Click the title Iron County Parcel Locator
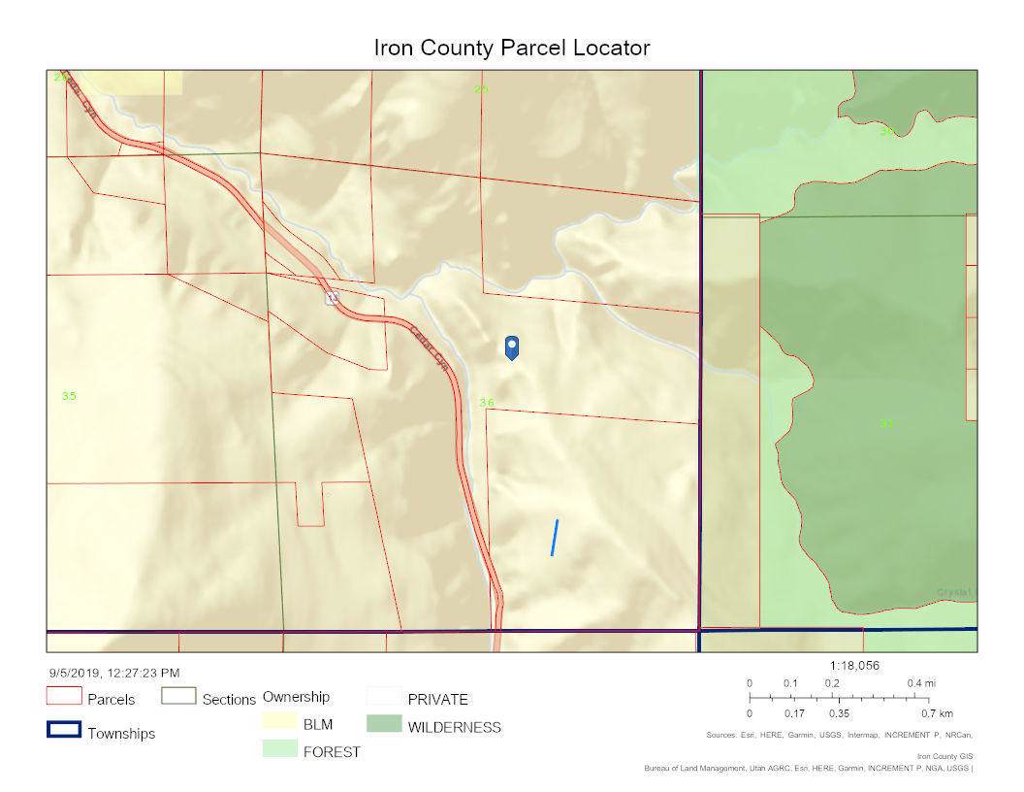click(x=511, y=48)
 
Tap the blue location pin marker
click(x=512, y=347)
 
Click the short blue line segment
click(x=555, y=538)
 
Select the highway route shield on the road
click(x=332, y=298)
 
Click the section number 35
click(x=69, y=396)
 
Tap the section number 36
click(x=487, y=403)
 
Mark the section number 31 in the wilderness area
click(x=885, y=422)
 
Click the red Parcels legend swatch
click(x=63, y=696)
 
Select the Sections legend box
click(x=178, y=696)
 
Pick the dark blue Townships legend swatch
click(x=63, y=730)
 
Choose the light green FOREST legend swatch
click(x=277, y=749)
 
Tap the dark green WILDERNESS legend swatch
click(x=383, y=724)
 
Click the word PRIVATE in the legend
click(x=437, y=699)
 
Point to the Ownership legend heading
click(x=296, y=697)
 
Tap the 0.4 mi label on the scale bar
click(x=921, y=683)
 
